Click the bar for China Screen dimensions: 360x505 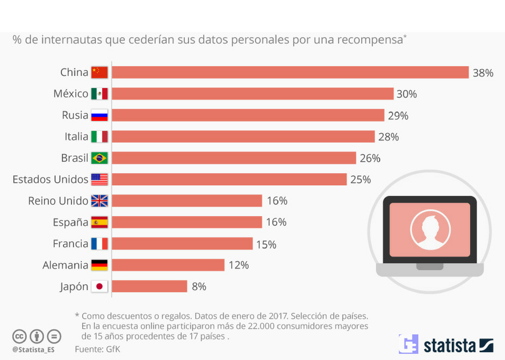click(x=290, y=73)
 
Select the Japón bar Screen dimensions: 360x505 click(x=149, y=286)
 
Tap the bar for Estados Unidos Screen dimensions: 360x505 click(x=229, y=179)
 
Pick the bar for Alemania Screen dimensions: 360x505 click(x=168, y=265)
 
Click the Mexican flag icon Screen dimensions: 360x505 click(x=99, y=94)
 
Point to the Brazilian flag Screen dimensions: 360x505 click(x=99, y=158)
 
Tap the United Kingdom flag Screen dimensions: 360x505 click(x=99, y=201)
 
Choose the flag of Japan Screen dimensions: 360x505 click(x=99, y=286)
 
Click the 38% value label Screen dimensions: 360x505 click(x=483, y=73)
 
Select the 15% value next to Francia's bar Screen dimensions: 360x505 click(x=266, y=244)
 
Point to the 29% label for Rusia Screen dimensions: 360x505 click(x=398, y=116)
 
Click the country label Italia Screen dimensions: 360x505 click(x=76, y=137)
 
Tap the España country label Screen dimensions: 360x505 click(x=70, y=222)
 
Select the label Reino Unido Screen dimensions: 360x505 click(x=58, y=201)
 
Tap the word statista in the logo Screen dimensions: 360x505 click(x=449, y=346)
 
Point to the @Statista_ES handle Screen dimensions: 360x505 click(x=34, y=349)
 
